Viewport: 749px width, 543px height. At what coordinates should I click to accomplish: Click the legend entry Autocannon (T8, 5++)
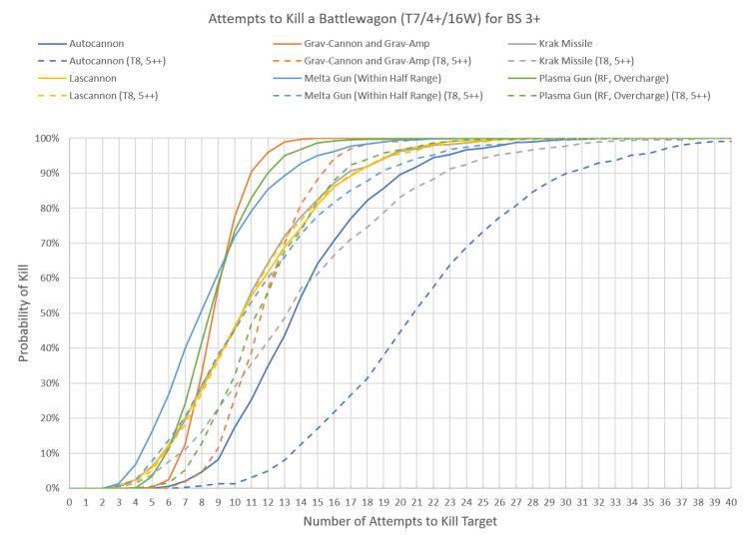[119, 61]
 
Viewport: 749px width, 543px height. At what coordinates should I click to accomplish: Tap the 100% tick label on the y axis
[48, 139]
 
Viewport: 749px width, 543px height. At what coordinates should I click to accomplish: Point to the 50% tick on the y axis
[50, 313]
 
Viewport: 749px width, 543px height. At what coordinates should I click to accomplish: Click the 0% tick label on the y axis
[53, 488]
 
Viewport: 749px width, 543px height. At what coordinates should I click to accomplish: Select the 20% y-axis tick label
[50, 418]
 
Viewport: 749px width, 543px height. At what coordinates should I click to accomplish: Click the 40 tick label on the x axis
[731, 501]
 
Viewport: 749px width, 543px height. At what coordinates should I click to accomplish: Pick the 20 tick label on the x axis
[400, 501]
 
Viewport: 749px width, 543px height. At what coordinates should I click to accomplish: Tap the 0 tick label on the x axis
[69, 501]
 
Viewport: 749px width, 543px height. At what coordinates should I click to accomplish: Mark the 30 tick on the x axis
[566, 501]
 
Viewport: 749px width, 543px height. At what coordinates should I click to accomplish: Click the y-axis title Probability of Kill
[23, 313]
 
